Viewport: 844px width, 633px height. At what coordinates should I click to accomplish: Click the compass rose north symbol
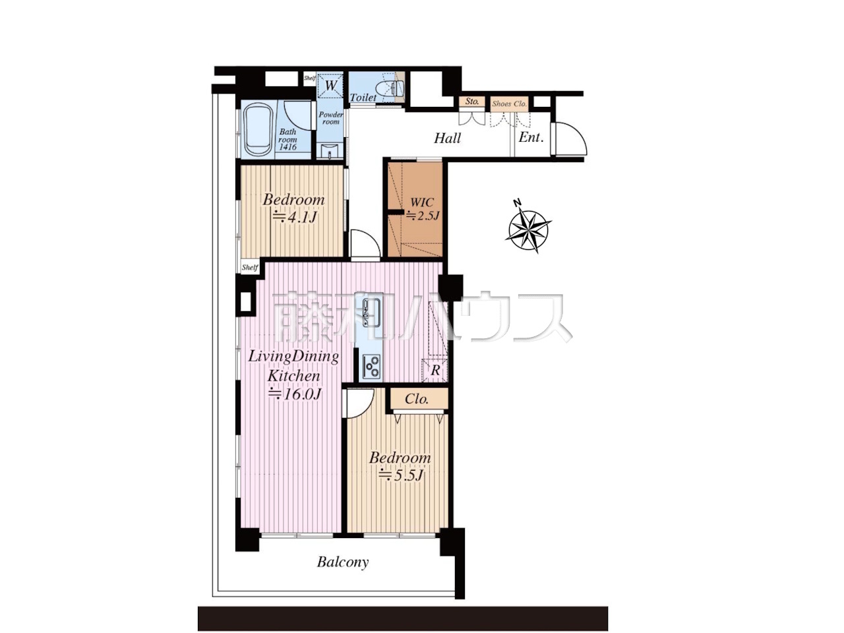tap(528, 229)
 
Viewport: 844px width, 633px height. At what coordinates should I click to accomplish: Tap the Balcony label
tap(343, 562)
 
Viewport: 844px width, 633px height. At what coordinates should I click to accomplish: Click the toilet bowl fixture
tap(390, 88)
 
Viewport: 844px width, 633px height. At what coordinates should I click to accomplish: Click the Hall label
tap(447, 138)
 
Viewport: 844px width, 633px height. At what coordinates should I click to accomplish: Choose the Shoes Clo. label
tap(509, 104)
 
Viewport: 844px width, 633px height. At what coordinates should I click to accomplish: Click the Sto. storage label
tap(472, 101)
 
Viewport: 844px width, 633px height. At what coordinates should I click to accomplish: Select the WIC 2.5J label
tap(422, 209)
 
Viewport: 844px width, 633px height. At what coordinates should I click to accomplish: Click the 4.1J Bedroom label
tap(294, 208)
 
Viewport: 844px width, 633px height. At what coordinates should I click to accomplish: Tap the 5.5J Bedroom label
tap(400, 466)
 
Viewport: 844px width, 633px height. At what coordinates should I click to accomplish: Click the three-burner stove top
tap(371, 366)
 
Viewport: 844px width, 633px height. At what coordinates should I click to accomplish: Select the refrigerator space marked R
tap(435, 370)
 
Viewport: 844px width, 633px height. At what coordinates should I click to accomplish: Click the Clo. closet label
tap(417, 399)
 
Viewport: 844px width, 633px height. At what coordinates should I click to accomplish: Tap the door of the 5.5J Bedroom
tap(360, 403)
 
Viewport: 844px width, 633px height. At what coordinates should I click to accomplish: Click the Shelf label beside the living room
tap(249, 268)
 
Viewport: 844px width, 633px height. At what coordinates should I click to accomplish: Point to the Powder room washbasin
tap(330, 151)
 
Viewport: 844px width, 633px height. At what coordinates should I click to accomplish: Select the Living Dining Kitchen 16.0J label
tap(294, 375)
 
